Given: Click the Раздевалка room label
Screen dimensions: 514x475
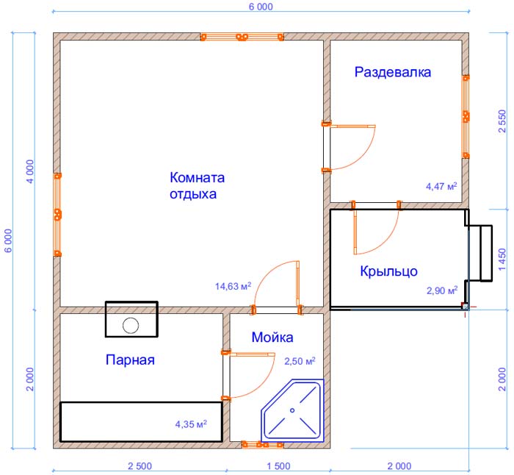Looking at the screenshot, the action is pyautogui.click(x=392, y=72).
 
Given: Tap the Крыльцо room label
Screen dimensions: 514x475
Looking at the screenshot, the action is pyautogui.click(x=388, y=271).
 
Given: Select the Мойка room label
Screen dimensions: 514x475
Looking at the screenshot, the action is pyautogui.click(x=272, y=337).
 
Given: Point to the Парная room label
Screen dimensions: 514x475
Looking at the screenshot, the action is pyautogui.click(x=130, y=360).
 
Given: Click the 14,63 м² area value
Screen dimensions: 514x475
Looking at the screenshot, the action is pyautogui.click(x=233, y=286).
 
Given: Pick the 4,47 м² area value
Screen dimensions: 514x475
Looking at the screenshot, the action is pyautogui.click(x=441, y=187).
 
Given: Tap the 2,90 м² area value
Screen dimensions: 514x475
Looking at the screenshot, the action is pyautogui.click(x=442, y=290).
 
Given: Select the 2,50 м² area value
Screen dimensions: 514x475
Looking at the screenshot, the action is pyautogui.click(x=300, y=361).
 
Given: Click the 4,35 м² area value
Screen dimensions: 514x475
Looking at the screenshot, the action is pyautogui.click(x=191, y=424).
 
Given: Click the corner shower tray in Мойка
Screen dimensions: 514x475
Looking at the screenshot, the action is pyautogui.click(x=292, y=410).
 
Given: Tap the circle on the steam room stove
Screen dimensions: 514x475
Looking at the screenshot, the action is pyautogui.click(x=131, y=326).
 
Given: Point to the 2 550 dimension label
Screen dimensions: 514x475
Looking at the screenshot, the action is pyautogui.click(x=502, y=121).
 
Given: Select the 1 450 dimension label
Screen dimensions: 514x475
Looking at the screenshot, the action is pyautogui.click(x=502, y=260).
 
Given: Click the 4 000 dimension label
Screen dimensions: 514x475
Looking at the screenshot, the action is pyautogui.click(x=30, y=171).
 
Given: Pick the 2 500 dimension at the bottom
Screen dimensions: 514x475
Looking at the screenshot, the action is pyautogui.click(x=140, y=466).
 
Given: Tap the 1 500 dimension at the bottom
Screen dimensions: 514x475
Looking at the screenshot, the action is pyautogui.click(x=278, y=466).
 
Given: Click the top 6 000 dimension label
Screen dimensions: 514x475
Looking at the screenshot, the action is pyautogui.click(x=261, y=7).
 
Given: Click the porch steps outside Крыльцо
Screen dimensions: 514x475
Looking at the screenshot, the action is pyautogui.click(x=480, y=253).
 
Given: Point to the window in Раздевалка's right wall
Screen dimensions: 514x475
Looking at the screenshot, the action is pyautogui.click(x=466, y=117).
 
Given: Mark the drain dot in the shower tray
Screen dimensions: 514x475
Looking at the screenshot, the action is pyautogui.click(x=292, y=410).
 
